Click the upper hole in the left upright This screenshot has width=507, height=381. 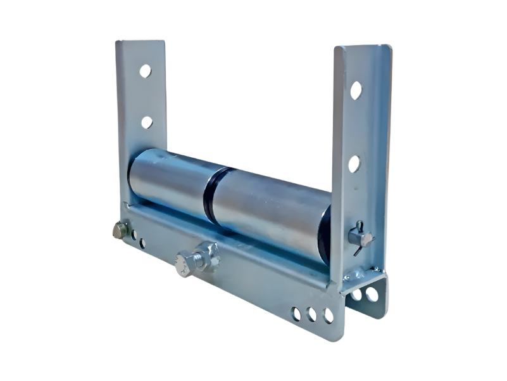145,71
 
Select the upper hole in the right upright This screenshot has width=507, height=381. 356,90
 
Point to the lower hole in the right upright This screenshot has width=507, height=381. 354,164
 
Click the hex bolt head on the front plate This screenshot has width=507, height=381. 184,263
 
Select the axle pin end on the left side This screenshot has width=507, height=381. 120,230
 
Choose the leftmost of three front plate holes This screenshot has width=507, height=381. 296,313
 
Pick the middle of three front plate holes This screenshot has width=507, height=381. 311,314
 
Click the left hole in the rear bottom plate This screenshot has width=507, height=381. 356,294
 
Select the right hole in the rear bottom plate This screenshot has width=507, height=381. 372,294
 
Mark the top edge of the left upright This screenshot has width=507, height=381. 141,42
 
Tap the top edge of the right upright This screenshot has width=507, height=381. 363,46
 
